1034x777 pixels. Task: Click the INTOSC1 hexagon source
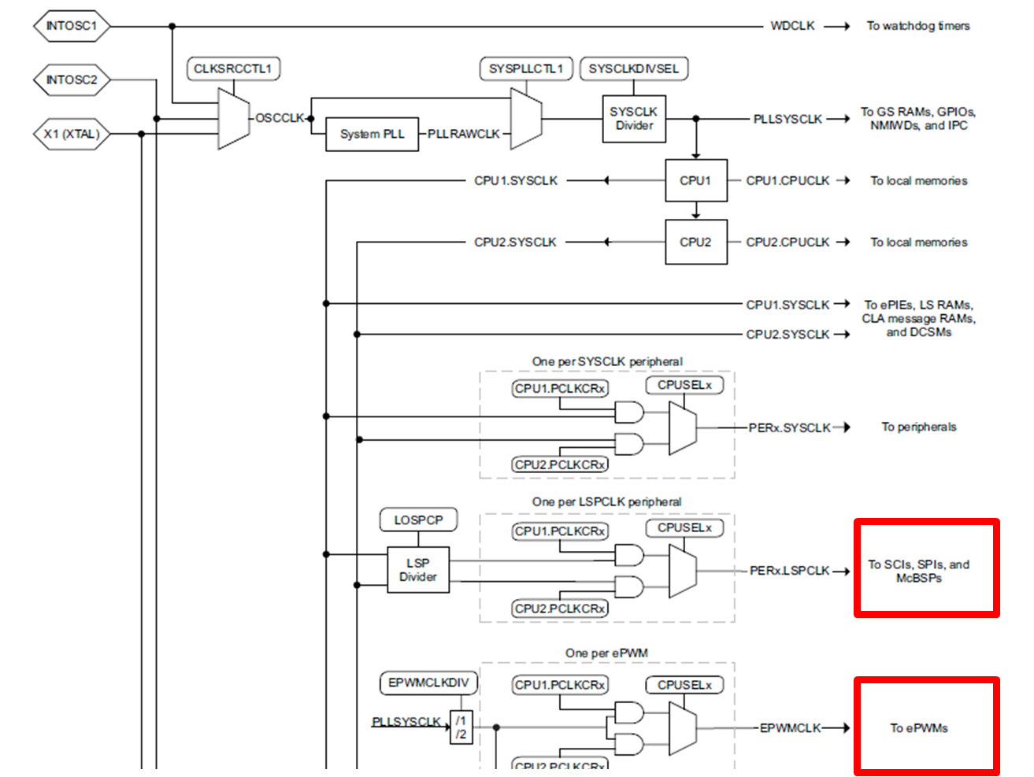point(72,26)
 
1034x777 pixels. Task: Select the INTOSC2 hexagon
point(72,80)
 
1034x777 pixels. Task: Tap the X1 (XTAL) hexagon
point(72,134)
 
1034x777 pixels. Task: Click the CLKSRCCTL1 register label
point(233,68)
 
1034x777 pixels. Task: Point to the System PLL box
point(372,134)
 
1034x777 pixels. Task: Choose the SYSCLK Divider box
point(634,119)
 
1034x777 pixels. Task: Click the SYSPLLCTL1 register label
point(526,68)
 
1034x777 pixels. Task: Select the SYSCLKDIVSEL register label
point(634,68)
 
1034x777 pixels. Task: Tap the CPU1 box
point(696,180)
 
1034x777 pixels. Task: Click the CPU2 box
point(696,242)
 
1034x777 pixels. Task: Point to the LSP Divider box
point(418,569)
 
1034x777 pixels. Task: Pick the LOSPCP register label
point(418,520)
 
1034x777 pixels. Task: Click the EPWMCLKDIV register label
point(428,683)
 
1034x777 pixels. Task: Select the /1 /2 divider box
point(461,727)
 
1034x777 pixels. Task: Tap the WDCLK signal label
point(792,26)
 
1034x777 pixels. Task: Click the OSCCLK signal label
point(280,118)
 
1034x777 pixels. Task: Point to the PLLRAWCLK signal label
point(464,134)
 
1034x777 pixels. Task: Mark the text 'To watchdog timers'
point(918,26)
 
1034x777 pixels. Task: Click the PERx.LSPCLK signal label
point(789,571)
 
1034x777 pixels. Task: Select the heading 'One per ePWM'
point(606,653)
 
